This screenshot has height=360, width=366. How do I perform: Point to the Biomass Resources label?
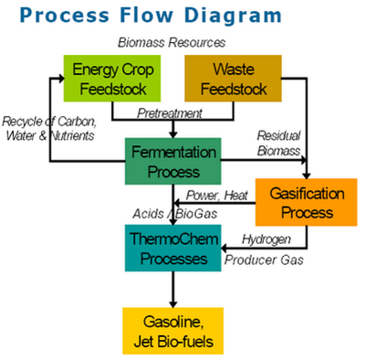point(173,43)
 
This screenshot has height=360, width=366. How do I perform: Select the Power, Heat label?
point(217,196)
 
